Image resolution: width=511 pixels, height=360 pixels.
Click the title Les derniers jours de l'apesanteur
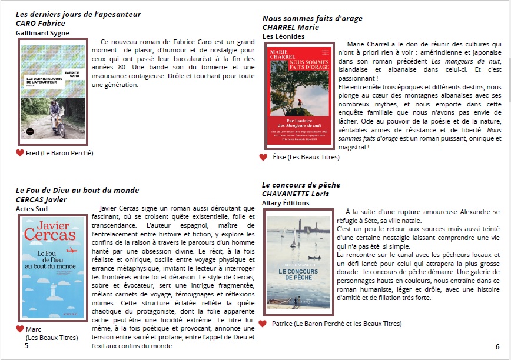tap(78, 14)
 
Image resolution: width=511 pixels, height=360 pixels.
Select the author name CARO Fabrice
tap(41, 24)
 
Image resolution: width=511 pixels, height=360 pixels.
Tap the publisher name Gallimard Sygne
tap(42, 33)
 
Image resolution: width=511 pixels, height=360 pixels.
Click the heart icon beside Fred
tap(20, 153)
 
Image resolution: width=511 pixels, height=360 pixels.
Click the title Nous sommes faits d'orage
tap(312, 18)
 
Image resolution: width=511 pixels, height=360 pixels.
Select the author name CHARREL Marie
tap(290, 27)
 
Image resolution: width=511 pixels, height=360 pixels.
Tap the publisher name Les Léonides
tap(283, 36)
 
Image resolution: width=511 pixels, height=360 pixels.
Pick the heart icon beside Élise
tap(263, 157)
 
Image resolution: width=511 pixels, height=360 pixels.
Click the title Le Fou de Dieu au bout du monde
tap(77, 190)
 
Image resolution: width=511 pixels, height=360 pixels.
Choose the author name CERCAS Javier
tap(41, 199)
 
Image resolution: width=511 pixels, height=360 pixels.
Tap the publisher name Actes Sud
tap(32, 208)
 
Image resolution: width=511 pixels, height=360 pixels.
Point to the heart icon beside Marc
tap(20, 329)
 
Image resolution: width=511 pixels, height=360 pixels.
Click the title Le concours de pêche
tap(301, 185)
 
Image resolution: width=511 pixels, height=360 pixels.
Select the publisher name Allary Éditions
tap(286, 203)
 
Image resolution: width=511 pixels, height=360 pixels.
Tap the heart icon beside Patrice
tap(263, 324)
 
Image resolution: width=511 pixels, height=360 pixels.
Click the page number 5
tap(26, 346)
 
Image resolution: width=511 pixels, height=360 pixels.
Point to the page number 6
tap(497, 346)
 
